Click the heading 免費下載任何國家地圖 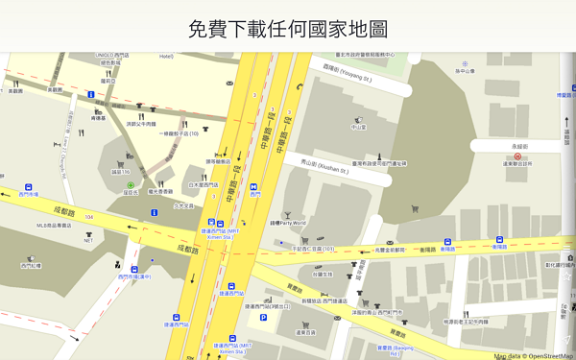point(288,29)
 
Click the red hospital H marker point(518,155)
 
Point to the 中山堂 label point(359,127)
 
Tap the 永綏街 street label point(518,146)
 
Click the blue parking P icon point(264,317)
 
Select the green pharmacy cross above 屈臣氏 point(131,183)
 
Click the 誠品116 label point(121,172)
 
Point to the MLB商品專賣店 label point(54,226)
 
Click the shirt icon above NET point(88,231)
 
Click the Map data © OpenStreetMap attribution point(534,355)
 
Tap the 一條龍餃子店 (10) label point(179,133)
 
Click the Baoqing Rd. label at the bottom point(390,350)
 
